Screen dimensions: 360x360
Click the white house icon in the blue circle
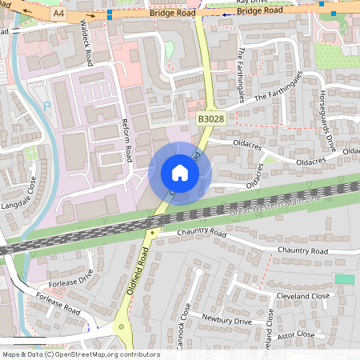click(x=180, y=173)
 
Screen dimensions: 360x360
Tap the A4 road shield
click(x=58, y=14)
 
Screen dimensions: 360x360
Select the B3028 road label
click(x=210, y=119)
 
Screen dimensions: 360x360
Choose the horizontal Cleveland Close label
click(x=303, y=296)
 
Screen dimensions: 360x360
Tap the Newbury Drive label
click(x=226, y=321)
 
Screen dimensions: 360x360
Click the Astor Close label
click(x=295, y=334)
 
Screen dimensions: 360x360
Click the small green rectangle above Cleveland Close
click(x=345, y=278)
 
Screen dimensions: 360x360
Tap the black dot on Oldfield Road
click(x=152, y=232)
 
